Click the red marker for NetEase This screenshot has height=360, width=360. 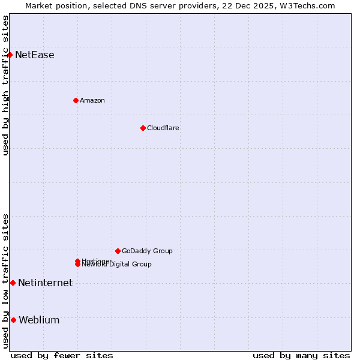[10, 55]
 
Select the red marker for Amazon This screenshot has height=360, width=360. [76, 100]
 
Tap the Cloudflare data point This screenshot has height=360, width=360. [143, 128]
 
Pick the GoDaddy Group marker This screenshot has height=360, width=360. [118, 251]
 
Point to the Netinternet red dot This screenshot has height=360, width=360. [13, 283]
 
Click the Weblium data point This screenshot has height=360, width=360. [13, 320]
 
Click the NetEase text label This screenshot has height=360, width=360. [34, 55]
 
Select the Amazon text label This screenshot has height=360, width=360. [92, 100]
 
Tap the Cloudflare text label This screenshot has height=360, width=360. [163, 128]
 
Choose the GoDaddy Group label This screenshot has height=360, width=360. [147, 251]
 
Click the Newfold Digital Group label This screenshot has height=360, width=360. [117, 265]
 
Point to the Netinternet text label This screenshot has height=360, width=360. [45, 283]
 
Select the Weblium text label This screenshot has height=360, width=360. [39, 320]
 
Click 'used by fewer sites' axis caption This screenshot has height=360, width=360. [62, 355]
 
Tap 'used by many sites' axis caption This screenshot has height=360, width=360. [301, 355]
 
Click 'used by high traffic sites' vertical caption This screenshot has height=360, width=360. [5, 85]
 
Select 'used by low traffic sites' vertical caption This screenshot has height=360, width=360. [5, 281]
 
